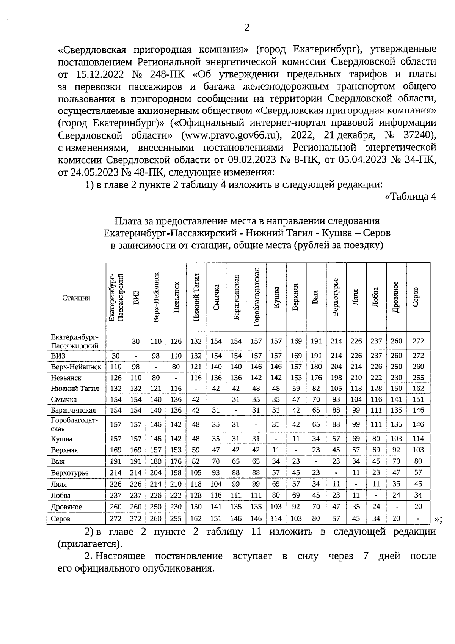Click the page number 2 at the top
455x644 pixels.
(246, 28)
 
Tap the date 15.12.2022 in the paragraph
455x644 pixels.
(101, 74)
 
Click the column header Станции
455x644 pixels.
(76, 298)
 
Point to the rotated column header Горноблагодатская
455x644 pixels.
(256, 297)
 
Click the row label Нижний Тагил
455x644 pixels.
(75, 389)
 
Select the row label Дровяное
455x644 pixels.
(67, 507)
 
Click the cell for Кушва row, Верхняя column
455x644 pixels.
(296, 439)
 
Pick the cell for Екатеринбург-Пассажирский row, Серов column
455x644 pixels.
(418, 341)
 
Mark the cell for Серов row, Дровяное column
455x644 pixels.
(396, 518)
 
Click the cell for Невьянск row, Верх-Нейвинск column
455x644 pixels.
(156, 378)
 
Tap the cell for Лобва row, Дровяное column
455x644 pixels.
(396, 495)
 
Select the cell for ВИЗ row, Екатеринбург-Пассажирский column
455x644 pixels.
(116, 356)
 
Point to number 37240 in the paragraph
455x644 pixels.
(415, 135)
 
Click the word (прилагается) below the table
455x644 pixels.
(90, 544)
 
